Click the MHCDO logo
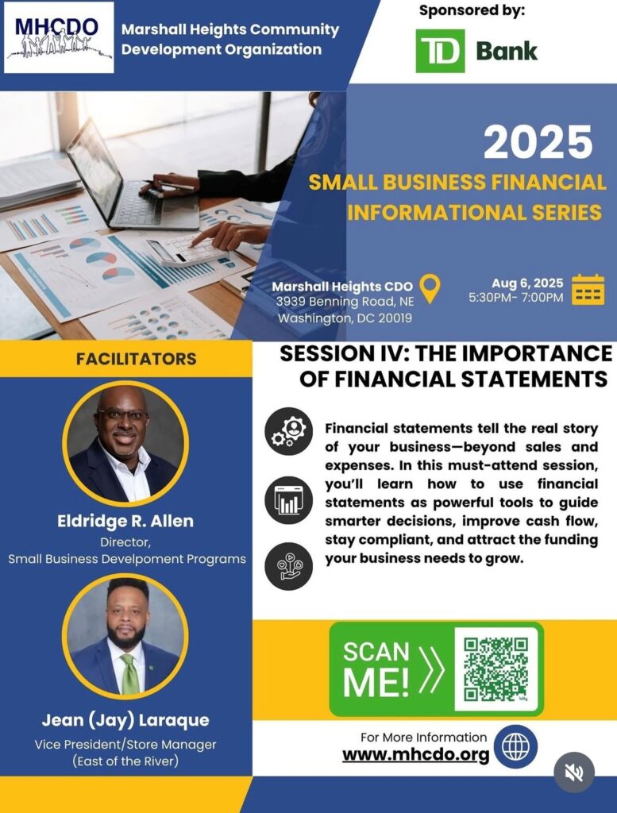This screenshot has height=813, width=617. point(59,37)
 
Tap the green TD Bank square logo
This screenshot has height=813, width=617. point(440,51)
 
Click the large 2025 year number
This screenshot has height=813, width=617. point(538,142)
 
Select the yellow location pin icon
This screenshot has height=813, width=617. point(430,288)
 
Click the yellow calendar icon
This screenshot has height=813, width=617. point(588,289)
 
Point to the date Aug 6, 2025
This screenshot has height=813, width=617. point(527,283)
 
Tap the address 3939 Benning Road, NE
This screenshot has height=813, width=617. point(345,301)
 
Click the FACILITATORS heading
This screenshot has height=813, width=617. point(137,359)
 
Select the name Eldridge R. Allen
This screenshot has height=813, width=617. point(125,521)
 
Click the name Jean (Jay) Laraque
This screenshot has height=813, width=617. point(125,719)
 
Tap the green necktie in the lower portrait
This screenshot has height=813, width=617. point(129,674)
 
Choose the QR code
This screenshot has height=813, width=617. point(496,669)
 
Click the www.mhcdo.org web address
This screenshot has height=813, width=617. point(416,754)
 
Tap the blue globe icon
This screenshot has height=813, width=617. point(515,746)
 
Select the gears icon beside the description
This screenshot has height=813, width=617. point(289,432)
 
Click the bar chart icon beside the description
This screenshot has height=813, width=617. point(289,500)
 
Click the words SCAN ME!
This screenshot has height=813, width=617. point(376,669)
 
